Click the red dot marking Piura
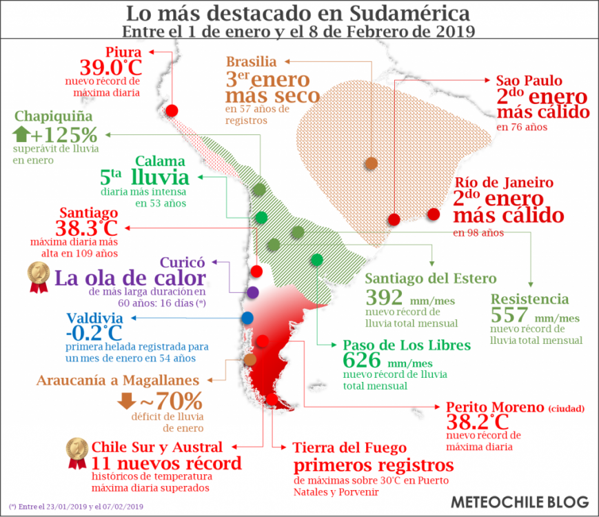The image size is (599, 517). click(x=172, y=110)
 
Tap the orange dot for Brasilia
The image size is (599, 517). click(x=372, y=163)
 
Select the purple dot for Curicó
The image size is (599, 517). click(x=252, y=292)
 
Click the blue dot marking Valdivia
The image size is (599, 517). click(x=247, y=318)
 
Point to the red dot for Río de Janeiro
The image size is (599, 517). click(x=434, y=214)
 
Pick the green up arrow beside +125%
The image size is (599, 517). click(x=21, y=133)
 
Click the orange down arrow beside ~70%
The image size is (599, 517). click(x=126, y=401)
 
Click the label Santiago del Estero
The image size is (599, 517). click(x=430, y=278)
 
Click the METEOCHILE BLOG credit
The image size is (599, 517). click(x=520, y=501)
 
